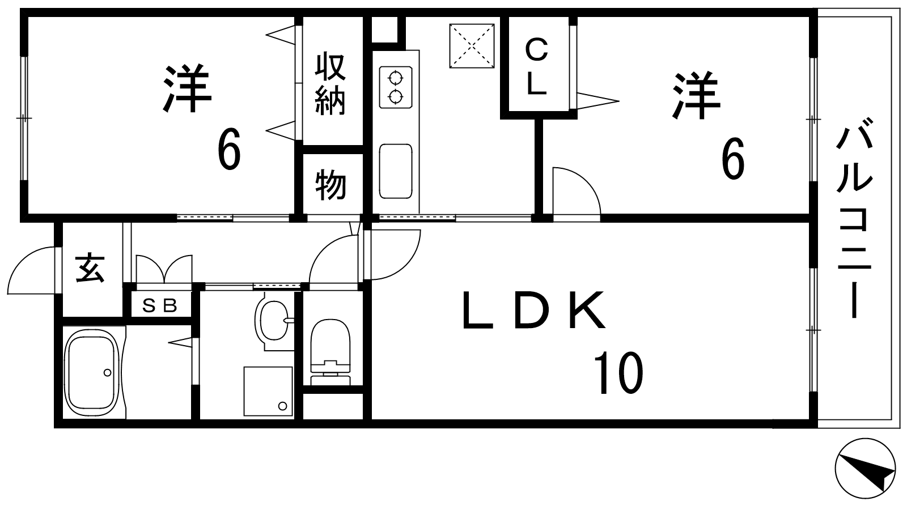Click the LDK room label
534,309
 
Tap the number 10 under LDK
618,373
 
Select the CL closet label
536,67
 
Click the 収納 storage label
330,84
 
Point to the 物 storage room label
331,185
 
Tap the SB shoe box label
160,306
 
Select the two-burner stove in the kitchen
396,87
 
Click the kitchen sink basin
396,172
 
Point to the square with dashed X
472,46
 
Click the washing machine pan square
268,392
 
